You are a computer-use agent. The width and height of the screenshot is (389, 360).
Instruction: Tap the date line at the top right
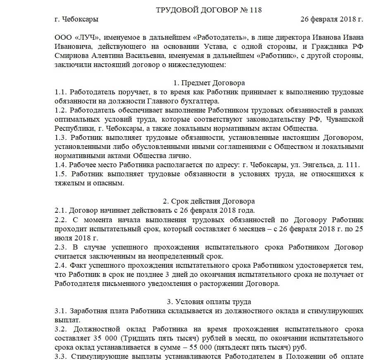332,19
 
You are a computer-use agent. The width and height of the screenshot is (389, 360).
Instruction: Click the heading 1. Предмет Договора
209,83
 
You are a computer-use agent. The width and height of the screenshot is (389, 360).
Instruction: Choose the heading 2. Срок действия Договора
209,202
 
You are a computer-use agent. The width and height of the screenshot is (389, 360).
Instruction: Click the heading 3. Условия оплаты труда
209,302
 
